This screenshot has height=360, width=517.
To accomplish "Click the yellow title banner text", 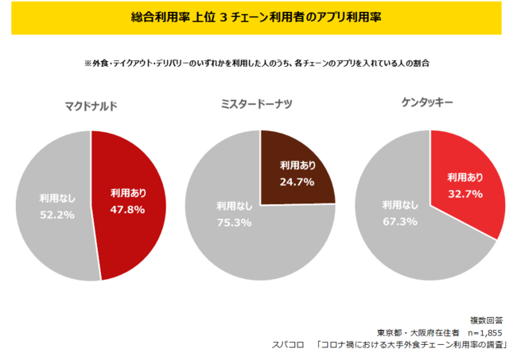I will click(x=258, y=17).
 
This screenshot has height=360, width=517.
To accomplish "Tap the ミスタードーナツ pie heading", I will click(x=258, y=103).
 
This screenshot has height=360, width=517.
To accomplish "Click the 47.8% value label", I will click(x=126, y=211).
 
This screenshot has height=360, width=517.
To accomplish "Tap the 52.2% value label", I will click(x=57, y=215).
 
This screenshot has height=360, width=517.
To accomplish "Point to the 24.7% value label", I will click(x=296, y=182).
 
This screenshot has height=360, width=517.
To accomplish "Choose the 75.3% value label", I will click(x=233, y=223).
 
